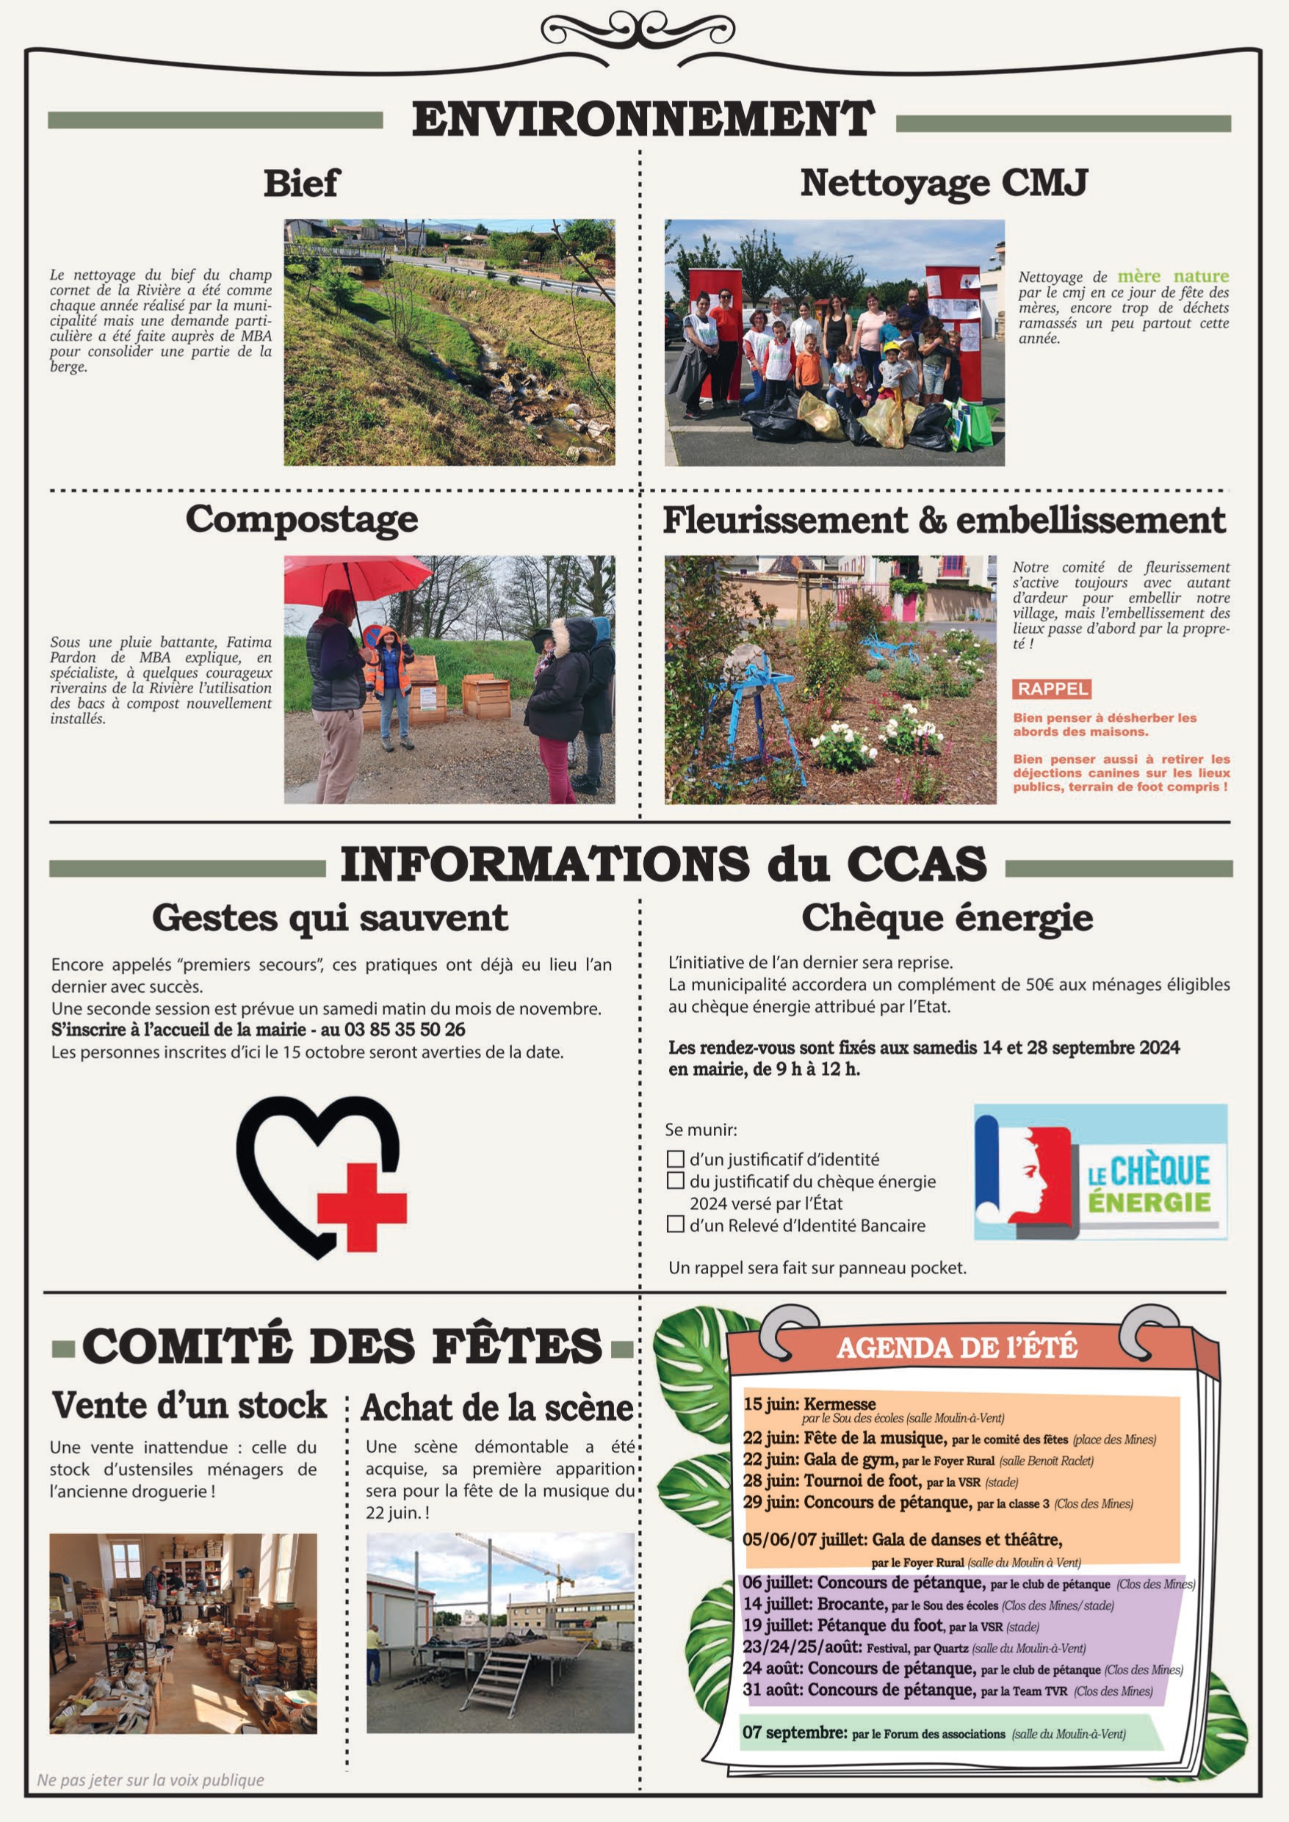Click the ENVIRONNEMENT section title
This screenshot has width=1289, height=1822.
[x=643, y=119]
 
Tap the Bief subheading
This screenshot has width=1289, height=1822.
[x=301, y=184]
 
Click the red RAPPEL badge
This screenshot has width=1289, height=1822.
[x=1052, y=689]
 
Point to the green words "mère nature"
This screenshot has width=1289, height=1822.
[x=1173, y=276]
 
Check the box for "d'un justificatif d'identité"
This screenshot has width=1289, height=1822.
[x=676, y=1160]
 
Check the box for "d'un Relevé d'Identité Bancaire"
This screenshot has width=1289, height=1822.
[x=676, y=1224]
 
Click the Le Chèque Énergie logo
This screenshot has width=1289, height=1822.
[x=1100, y=1171]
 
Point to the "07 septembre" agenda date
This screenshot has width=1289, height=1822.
[x=795, y=1732]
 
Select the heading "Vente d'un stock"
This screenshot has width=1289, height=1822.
[x=189, y=1406]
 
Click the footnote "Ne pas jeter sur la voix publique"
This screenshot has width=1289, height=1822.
[x=151, y=1780]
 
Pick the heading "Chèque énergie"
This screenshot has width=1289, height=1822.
[x=947, y=918]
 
